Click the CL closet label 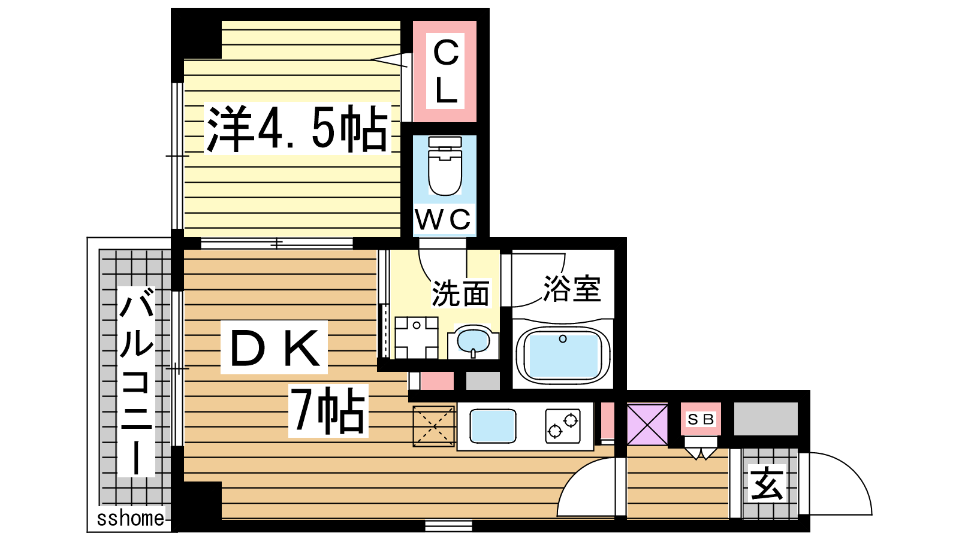click(x=445, y=71)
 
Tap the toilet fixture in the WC click(x=445, y=166)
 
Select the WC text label click(x=444, y=220)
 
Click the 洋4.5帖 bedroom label click(x=297, y=128)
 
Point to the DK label click(x=275, y=348)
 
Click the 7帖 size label click(x=328, y=410)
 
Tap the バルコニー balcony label click(x=136, y=381)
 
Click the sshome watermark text click(x=131, y=519)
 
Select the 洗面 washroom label click(x=461, y=293)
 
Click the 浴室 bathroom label click(x=572, y=288)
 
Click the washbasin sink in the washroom click(x=473, y=341)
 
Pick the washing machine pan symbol click(x=416, y=338)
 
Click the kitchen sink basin click(x=493, y=426)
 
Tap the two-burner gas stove click(x=563, y=426)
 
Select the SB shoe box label click(x=701, y=419)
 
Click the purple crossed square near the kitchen click(x=647, y=425)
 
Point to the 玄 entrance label click(x=767, y=483)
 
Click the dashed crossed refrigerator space click(x=433, y=426)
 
